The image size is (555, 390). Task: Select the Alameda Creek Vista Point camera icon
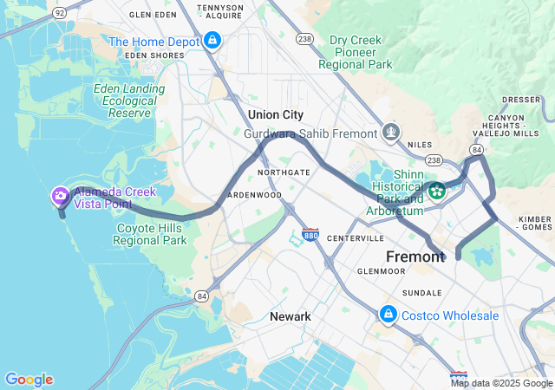pos(61,197)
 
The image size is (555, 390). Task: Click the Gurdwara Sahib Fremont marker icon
pos(391,133)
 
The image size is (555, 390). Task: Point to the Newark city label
pos(290,316)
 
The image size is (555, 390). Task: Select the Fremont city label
pos(415,257)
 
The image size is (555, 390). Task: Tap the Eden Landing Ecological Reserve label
pos(128,101)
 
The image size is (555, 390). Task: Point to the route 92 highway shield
pos(59,14)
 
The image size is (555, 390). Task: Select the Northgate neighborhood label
pos(284,172)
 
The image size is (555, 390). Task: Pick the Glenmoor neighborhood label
pos(381,271)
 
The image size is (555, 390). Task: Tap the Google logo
pos(29,380)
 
